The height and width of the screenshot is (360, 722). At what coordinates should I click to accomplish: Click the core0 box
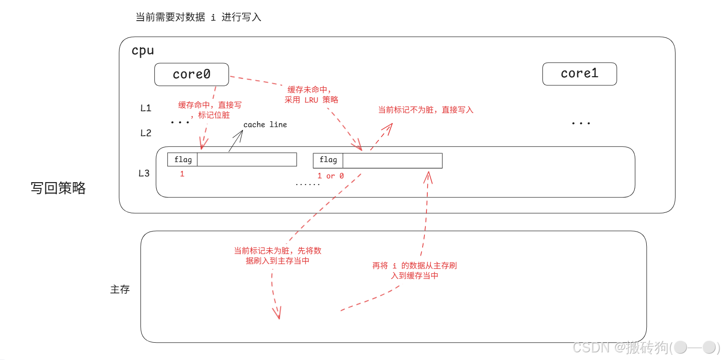(x=192, y=74)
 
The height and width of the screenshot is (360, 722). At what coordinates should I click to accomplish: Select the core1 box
(x=579, y=74)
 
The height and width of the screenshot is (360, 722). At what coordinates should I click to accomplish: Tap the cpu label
(x=143, y=51)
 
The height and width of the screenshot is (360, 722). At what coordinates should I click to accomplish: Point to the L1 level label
(x=146, y=108)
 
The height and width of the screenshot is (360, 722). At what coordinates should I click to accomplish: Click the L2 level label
(x=146, y=133)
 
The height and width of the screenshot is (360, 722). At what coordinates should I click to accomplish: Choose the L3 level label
(x=144, y=173)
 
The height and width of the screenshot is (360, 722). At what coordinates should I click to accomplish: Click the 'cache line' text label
(x=265, y=125)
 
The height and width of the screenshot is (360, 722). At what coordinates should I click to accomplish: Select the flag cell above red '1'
(x=183, y=160)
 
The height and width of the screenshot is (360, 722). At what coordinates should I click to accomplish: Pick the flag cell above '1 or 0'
(x=328, y=160)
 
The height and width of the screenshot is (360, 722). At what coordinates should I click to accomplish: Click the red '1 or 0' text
(x=331, y=176)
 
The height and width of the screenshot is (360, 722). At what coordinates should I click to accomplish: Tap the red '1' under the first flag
(x=182, y=174)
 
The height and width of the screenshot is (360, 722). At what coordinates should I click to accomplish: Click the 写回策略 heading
(x=58, y=188)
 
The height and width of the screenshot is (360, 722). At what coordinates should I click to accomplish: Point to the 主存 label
(x=120, y=290)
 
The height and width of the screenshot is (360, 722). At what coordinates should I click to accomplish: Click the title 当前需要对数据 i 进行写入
(x=198, y=18)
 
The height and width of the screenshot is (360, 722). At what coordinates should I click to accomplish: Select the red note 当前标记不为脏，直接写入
(x=425, y=110)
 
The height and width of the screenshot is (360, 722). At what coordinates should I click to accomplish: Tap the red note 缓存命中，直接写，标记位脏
(x=210, y=110)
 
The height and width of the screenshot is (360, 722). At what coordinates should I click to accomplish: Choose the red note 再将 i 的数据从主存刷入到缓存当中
(x=414, y=270)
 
